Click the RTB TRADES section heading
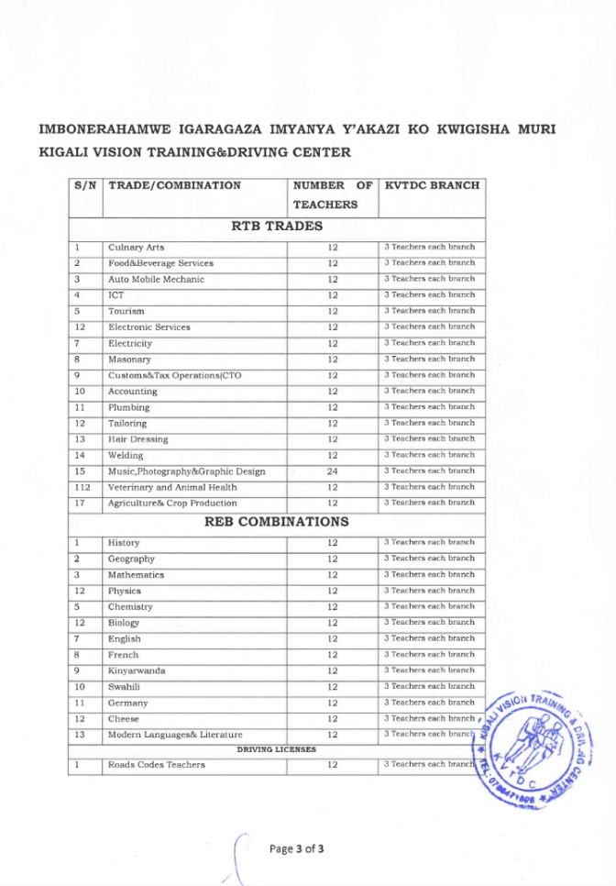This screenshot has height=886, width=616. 276,226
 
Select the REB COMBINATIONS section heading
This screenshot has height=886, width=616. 276,522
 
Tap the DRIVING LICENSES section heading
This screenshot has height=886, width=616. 276,749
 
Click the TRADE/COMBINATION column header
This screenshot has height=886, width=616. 174,185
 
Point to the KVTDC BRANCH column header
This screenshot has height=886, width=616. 432,185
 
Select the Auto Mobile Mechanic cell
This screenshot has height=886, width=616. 156,280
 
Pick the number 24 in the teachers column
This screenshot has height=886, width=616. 333,471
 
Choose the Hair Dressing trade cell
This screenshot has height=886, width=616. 138,439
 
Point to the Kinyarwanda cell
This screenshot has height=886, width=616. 137,670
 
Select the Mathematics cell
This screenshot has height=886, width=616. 137,575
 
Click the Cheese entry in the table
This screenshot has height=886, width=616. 124,719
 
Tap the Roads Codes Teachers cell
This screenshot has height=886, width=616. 157,765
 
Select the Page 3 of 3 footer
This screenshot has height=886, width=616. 297,848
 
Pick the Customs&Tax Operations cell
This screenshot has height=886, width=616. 175,375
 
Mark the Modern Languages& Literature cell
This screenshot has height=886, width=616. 175,735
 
